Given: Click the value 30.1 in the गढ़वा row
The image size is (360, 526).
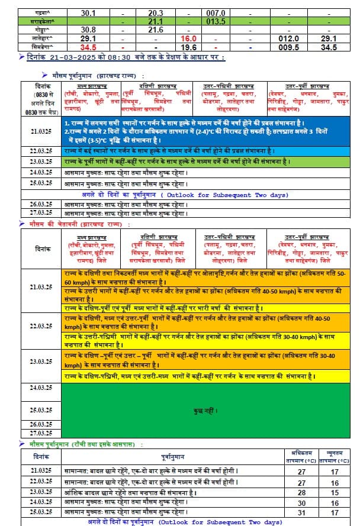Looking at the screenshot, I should click(x=88, y=12).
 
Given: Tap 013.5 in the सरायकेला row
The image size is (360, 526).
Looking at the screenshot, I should click(x=216, y=21).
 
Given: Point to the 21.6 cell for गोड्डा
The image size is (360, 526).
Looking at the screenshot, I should click(x=156, y=30).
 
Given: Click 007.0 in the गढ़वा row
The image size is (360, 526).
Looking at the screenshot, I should click(x=216, y=12).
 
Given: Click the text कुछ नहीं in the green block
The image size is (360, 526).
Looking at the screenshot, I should click(x=205, y=410).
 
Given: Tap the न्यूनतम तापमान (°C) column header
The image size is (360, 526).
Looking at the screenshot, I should click(x=335, y=456).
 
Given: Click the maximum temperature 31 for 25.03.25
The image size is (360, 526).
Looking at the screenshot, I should click(x=302, y=512).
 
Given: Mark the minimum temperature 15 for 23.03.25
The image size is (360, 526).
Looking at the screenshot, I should click(x=335, y=492).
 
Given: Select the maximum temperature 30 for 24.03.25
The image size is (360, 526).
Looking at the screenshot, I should click(x=302, y=502).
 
